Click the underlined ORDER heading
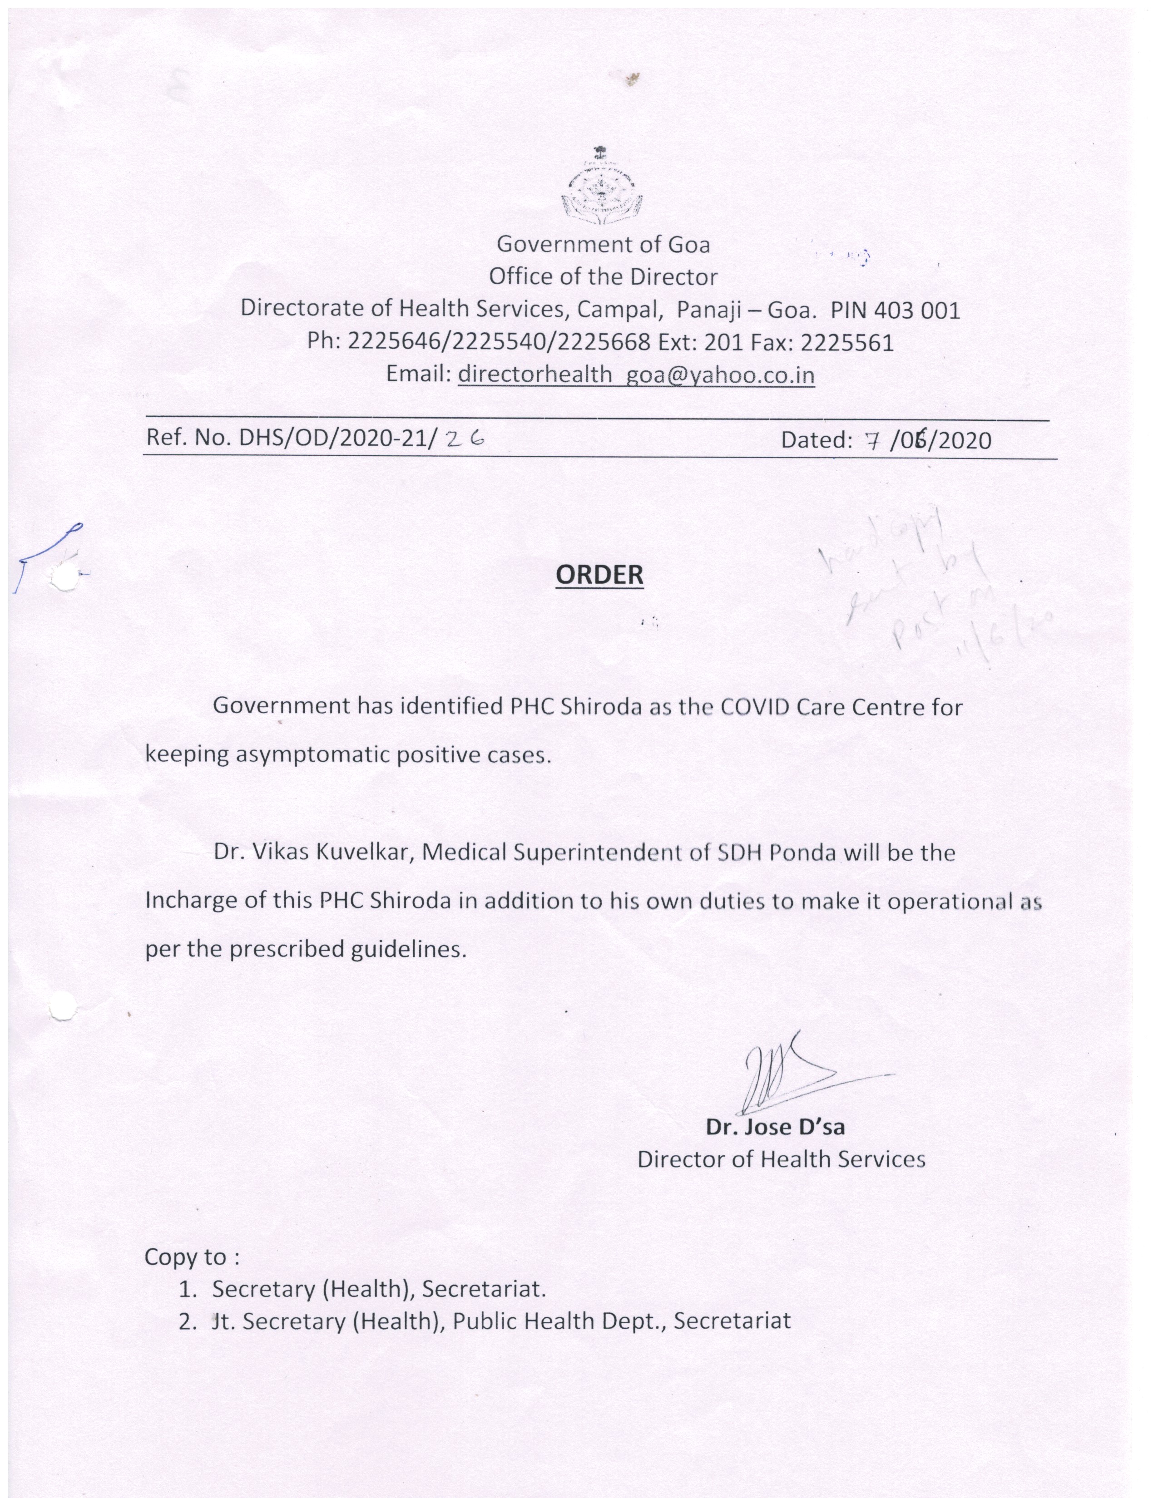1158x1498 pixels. point(599,575)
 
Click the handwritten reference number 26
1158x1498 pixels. point(465,437)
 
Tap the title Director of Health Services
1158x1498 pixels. point(781,1159)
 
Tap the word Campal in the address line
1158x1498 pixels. point(619,310)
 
